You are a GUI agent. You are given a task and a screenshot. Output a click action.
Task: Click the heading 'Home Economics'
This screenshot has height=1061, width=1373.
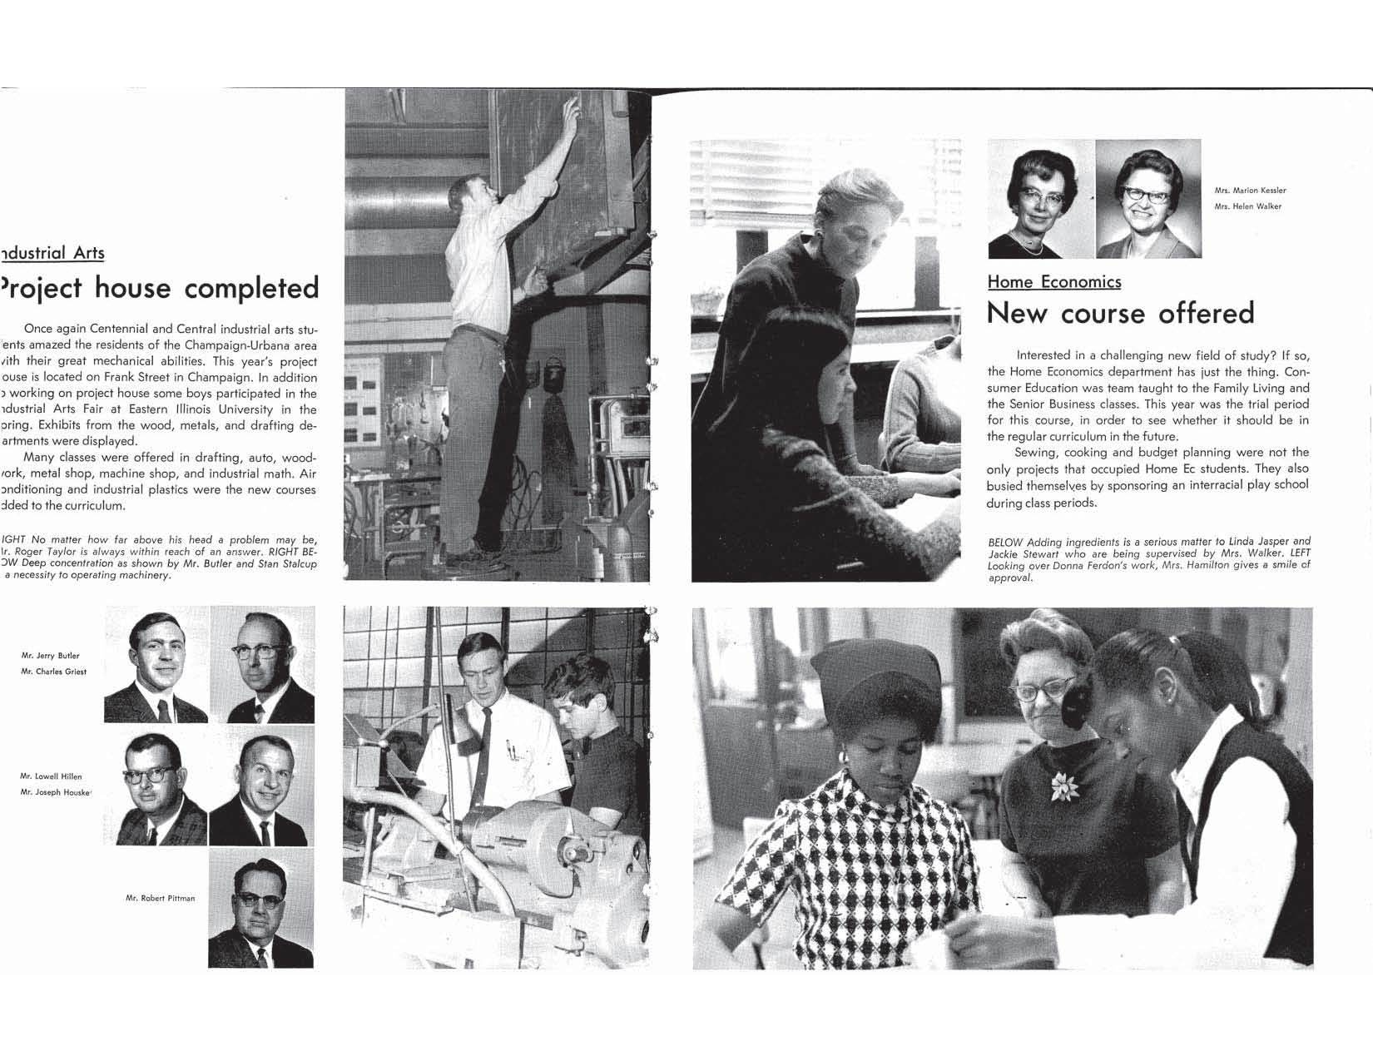click(x=1053, y=282)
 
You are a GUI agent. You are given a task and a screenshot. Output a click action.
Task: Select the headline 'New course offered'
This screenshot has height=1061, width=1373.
click(x=1119, y=313)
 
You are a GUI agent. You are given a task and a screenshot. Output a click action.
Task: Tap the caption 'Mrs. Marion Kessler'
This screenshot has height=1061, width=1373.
click(x=1250, y=191)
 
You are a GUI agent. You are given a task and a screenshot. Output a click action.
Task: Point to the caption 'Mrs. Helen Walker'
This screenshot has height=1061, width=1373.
click(x=1247, y=206)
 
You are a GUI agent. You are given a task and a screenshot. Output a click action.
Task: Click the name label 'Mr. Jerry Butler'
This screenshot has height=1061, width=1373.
click(x=50, y=656)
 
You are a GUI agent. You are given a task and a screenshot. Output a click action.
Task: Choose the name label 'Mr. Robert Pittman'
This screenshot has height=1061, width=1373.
click(x=160, y=898)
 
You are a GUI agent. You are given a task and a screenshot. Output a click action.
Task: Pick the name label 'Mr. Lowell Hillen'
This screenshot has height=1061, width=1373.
click(x=51, y=776)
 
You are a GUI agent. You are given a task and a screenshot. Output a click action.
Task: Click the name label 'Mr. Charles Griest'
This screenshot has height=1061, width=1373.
click(x=53, y=672)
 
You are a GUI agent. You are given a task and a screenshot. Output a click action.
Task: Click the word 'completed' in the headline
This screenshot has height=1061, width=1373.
click(x=250, y=288)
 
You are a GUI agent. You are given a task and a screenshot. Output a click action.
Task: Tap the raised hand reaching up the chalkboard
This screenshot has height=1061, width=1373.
click(x=571, y=108)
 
